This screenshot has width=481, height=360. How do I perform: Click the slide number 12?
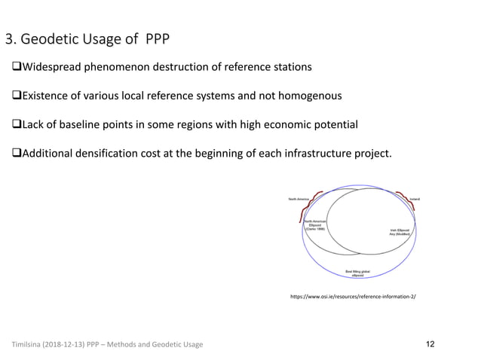pos(430,344)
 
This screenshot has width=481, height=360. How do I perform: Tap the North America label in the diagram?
pos(299,199)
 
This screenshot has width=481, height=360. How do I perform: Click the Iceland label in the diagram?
pos(414,199)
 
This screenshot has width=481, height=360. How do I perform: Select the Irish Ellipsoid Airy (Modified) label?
pos(398,233)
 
